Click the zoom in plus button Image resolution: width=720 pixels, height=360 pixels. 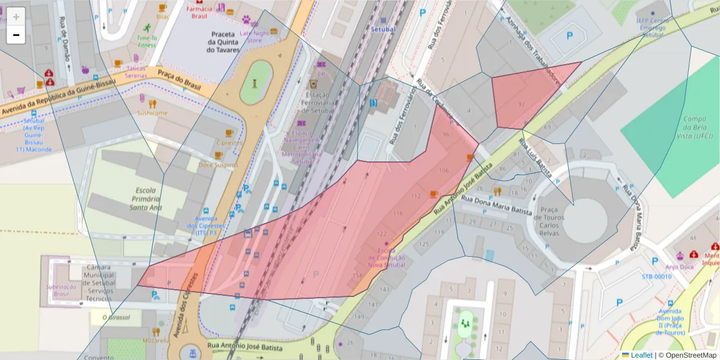[x=16, y=17]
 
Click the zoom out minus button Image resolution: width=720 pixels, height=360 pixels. [x=16, y=35]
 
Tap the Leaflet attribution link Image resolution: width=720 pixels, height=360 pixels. [x=641, y=355]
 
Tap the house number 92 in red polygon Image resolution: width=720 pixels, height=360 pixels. [x=521, y=104]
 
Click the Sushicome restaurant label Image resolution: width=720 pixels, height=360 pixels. [x=152, y=113]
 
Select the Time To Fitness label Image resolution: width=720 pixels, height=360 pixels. [x=146, y=41]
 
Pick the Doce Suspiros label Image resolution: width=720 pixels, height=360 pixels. [x=218, y=164]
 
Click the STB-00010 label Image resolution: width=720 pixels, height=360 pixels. [x=656, y=277]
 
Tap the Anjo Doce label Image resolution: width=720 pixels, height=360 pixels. [x=679, y=267]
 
